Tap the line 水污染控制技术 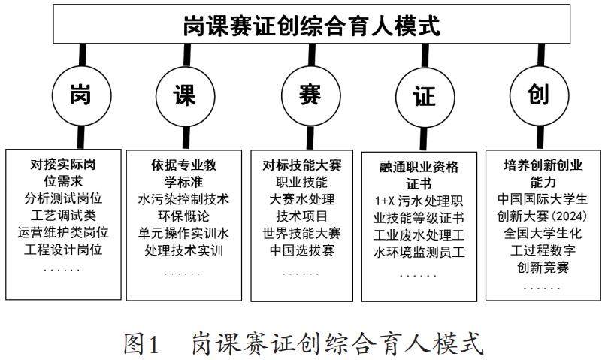(184, 200)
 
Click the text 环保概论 (184, 216)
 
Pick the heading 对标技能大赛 (300, 165)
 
